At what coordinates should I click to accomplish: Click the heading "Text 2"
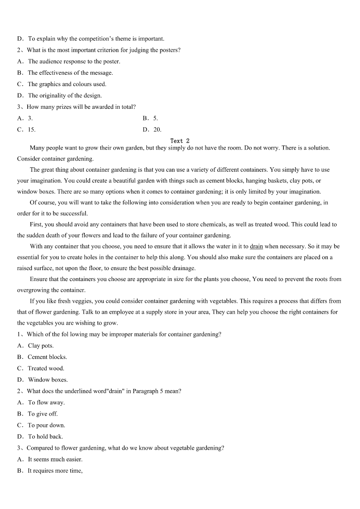180,141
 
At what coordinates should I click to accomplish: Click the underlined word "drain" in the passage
256,247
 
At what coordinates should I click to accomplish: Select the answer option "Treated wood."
46,368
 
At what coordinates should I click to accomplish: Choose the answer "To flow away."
46,402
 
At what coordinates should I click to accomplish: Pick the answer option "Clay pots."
40,346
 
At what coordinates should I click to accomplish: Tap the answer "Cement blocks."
47,357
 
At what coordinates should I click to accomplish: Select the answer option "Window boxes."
48,380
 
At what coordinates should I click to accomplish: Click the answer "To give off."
43,414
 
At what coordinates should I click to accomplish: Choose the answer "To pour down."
46,425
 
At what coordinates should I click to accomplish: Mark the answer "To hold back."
45,436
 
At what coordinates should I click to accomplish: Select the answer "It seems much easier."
55,459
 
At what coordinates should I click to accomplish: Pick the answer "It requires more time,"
55,470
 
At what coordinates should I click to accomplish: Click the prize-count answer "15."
31,130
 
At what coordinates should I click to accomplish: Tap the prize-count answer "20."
157,130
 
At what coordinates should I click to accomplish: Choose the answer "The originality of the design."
65,96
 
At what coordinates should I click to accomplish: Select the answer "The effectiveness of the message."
70,73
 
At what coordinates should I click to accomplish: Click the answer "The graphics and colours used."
67,84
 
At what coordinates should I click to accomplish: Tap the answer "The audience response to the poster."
74,62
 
